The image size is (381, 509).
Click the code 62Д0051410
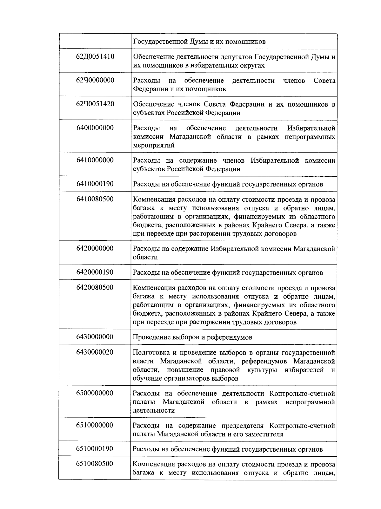[95, 57]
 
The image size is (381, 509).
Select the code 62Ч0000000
[95, 80]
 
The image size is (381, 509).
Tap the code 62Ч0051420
[95, 104]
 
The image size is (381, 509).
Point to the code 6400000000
[95, 128]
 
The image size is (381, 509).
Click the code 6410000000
[95, 160]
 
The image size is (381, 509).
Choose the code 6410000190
[95, 184]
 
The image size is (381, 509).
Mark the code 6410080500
[95, 199]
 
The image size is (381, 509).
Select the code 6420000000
[95, 248]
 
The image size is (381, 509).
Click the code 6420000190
[95, 272]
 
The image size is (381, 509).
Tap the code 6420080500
[95, 287]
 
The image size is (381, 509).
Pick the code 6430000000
[95, 337]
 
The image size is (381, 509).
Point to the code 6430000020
[95, 352]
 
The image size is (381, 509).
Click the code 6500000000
[95, 393]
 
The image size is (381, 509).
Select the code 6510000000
[95, 425]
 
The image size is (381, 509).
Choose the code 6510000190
[95, 449]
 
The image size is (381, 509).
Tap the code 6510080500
[95, 464]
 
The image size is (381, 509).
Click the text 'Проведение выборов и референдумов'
[192, 337]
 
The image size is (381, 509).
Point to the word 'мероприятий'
[149, 146]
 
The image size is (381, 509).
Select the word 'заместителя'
[264, 434]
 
